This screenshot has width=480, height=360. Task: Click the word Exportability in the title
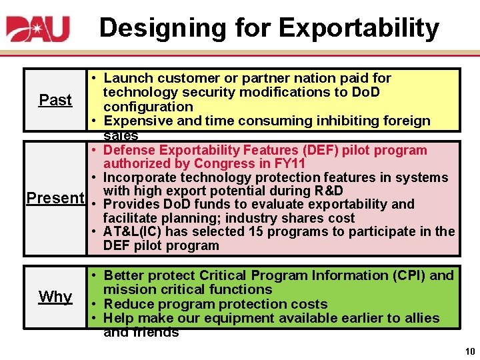[x=359, y=28]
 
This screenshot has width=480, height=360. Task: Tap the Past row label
[x=55, y=100]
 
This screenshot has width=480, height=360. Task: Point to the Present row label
[x=55, y=198]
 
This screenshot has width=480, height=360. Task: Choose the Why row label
[x=55, y=297]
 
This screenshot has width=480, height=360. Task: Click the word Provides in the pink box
[x=133, y=204]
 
